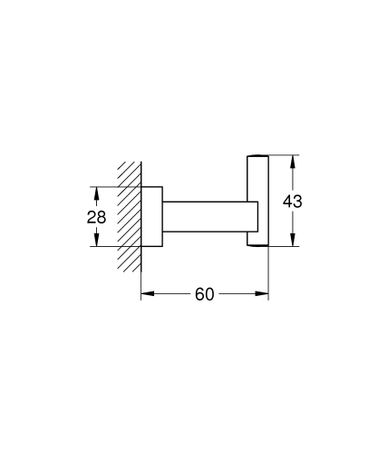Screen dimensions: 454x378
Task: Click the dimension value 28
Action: click(97, 218)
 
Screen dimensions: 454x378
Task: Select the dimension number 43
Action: click(292, 202)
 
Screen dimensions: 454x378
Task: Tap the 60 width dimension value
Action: click(204, 295)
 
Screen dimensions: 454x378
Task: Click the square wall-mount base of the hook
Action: click(151, 217)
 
